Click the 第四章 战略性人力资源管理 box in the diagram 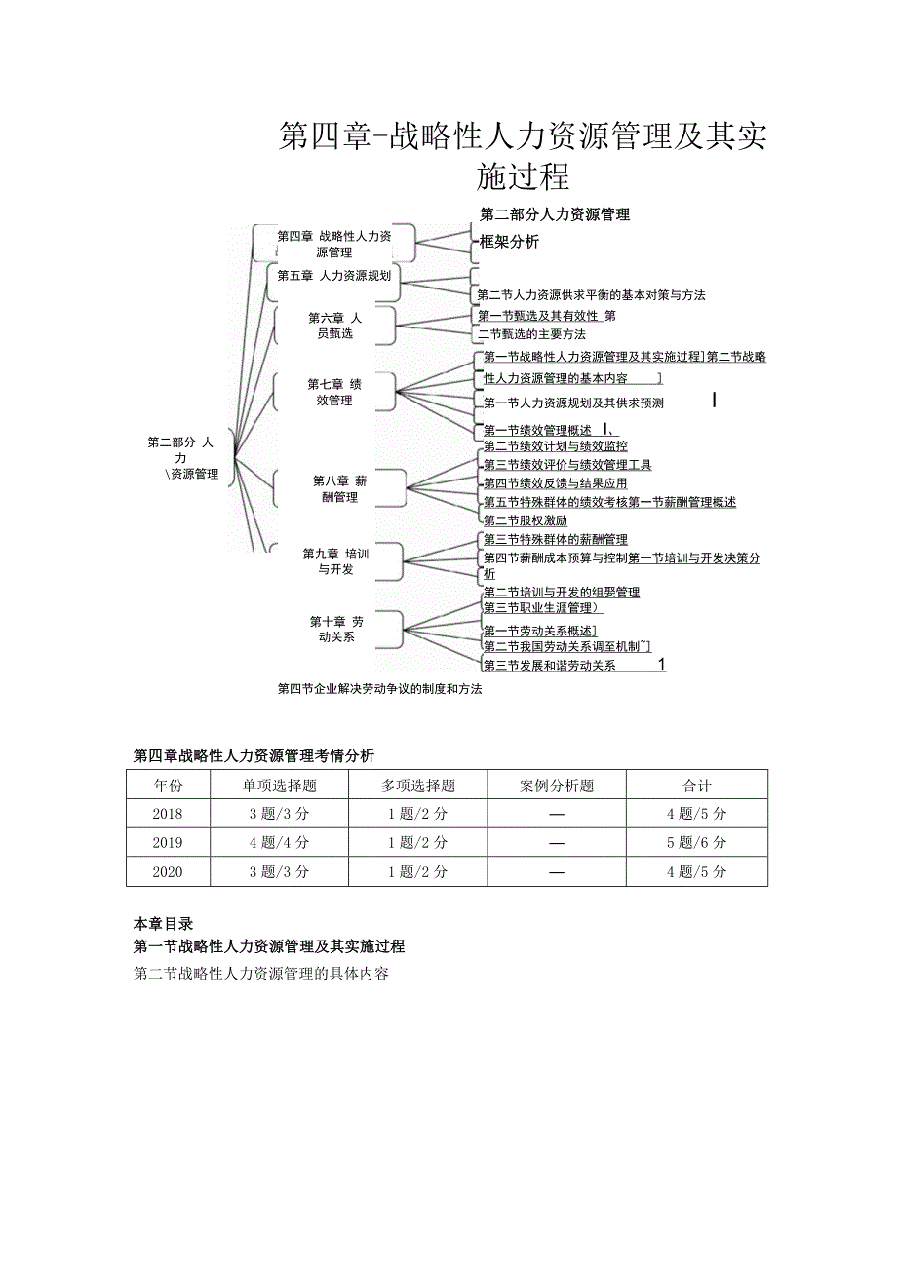coord(333,244)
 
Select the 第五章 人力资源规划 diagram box coord(333,276)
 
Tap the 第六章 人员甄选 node coord(334,326)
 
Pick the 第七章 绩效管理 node coord(334,392)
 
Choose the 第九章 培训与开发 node coord(335,561)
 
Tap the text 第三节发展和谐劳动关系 coord(550,666)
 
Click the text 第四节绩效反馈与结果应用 coord(555,483)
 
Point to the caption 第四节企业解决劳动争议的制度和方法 coord(379,689)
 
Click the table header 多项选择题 coord(417,786)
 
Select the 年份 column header coord(168,786)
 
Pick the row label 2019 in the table coord(168,843)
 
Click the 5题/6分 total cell coord(696,843)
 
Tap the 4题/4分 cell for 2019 coord(279,843)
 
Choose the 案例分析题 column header coord(557,786)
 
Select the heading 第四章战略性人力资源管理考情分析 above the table coord(253,756)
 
